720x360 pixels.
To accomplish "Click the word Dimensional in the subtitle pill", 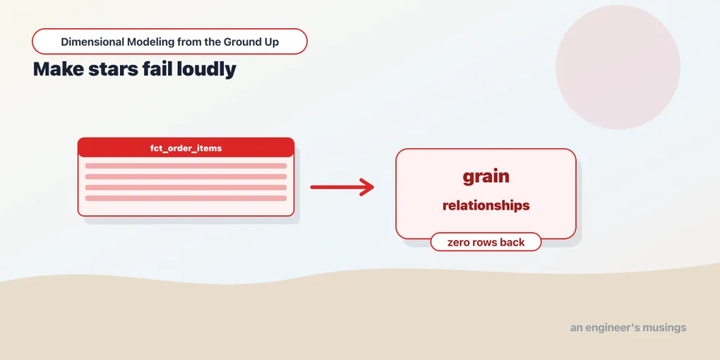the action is pyautogui.click(x=92, y=42).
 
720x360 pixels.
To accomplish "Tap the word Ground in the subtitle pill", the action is pyautogui.click(x=241, y=42).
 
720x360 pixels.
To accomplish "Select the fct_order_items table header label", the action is pyautogui.click(x=186, y=148).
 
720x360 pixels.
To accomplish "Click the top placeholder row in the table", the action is pyautogui.click(x=186, y=166).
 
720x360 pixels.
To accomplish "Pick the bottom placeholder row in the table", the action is pyautogui.click(x=186, y=198).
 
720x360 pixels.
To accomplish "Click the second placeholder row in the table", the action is pyautogui.click(x=186, y=176).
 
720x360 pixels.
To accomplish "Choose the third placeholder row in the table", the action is pyautogui.click(x=186, y=187).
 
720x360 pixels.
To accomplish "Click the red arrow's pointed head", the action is pyautogui.click(x=373, y=187).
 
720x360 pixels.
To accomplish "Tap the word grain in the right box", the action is pyautogui.click(x=486, y=176).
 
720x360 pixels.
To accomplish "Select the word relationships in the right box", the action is pyautogui.click(x=486, y=205).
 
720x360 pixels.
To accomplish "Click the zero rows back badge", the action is pyautogui.click(x=486, y=242).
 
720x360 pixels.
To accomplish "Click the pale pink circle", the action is pyautogui.click(x=618, y=67).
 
